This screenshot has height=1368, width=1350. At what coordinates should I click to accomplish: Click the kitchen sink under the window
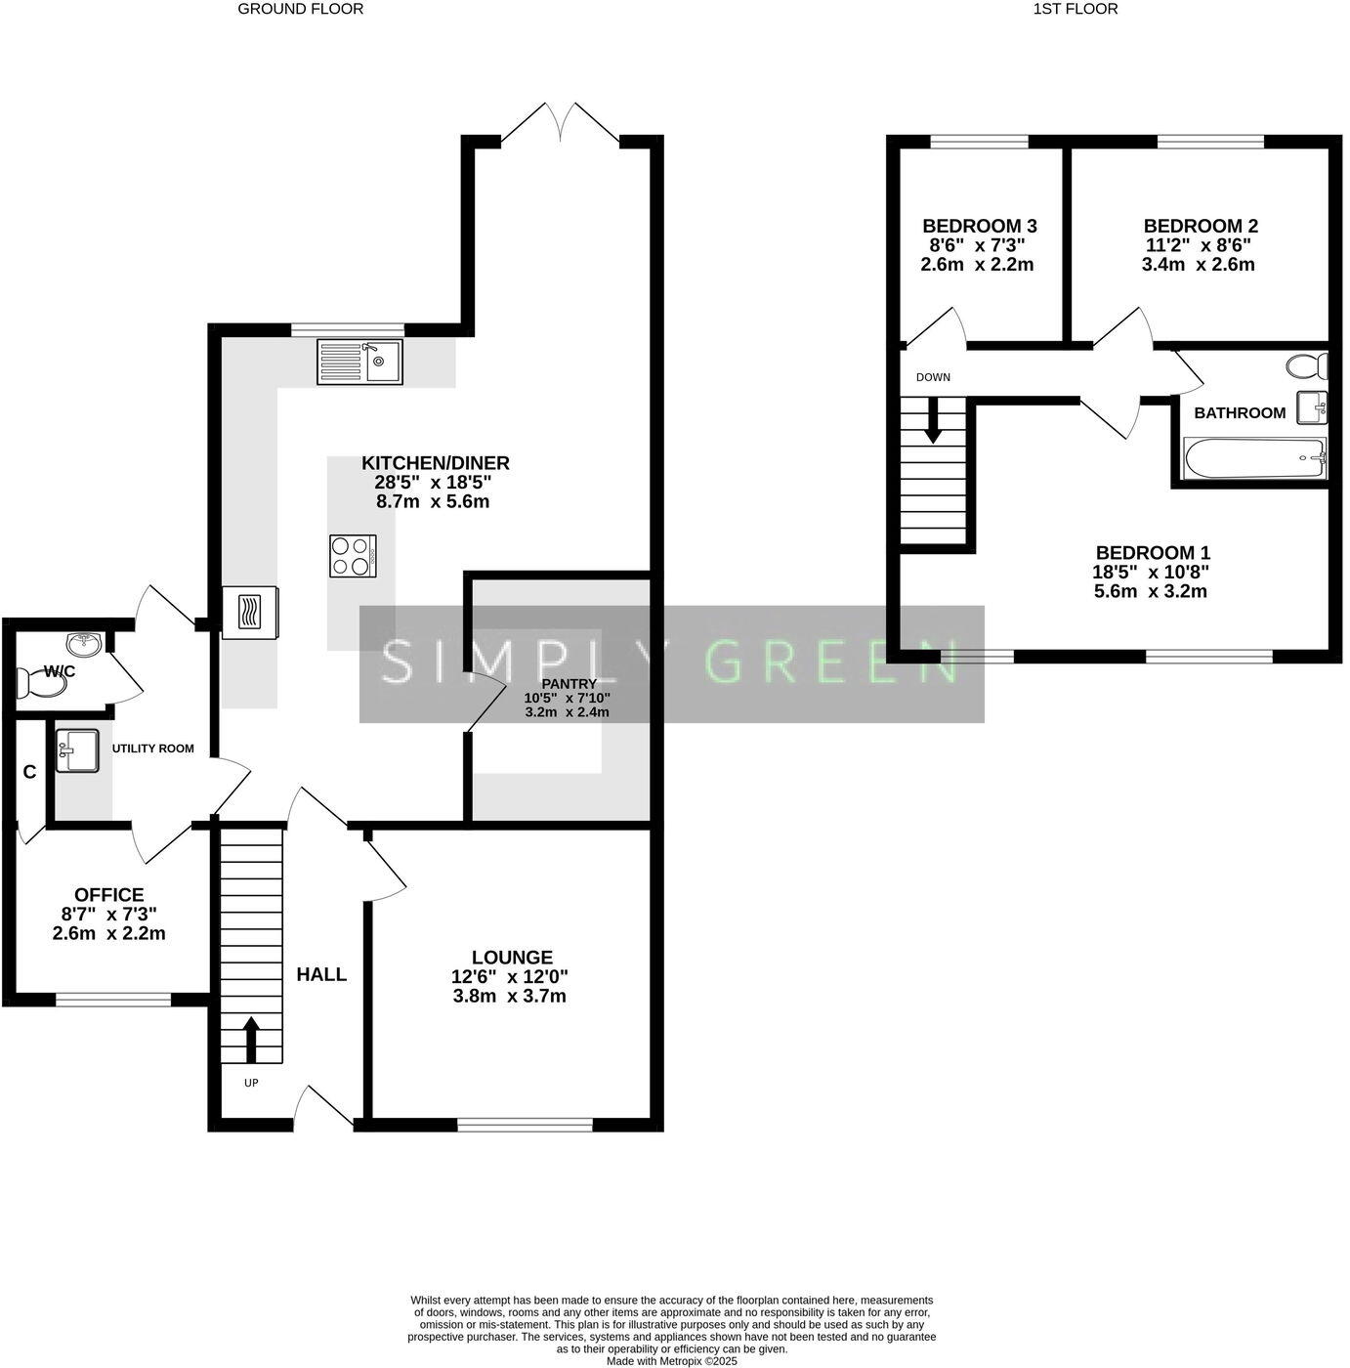tap(359, 362)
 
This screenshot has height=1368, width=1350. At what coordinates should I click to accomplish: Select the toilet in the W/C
tap(43, 685)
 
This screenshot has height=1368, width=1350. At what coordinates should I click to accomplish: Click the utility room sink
tap(76, 750)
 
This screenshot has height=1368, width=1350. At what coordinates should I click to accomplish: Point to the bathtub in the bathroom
tap(1254, 458)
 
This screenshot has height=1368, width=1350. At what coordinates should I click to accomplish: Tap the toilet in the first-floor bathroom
tap(1307, 366)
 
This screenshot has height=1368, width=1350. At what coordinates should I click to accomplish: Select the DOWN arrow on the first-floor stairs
tap(933, 420)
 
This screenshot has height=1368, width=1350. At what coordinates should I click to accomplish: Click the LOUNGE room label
tap(512, 958)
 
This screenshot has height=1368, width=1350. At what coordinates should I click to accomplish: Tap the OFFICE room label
tap(108, 895)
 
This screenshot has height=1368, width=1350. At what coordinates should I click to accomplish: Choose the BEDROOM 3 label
tap(979, 226)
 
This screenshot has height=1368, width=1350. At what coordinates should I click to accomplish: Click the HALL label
tap(321, 974)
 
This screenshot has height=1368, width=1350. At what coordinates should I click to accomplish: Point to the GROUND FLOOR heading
tap(301, 9)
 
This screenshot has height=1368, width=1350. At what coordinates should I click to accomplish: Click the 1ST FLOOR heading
tap(1075, 9)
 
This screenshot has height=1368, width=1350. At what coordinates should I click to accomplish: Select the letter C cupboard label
tap(29, 772)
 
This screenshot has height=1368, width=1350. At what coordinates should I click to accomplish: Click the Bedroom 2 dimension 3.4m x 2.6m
tap(1199, 265)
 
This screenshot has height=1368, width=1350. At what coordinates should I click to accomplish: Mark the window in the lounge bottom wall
tap(525, 1125)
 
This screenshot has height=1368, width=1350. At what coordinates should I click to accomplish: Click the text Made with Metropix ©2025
tap(672, 1360)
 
